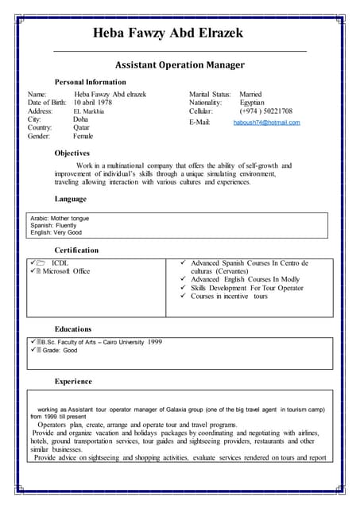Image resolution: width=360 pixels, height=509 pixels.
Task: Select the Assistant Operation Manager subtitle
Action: click(180, 64)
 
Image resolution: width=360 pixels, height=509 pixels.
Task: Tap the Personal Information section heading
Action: click(90, 82)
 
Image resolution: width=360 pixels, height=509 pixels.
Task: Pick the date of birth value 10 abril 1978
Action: click(104, 103)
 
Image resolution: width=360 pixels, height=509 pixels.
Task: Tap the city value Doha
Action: click(81, 119)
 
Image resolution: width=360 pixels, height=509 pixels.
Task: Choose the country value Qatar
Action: click(83, 128)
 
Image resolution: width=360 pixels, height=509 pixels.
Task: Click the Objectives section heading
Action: click(72, 153)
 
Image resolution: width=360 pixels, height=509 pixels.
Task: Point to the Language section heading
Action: click(70, 199)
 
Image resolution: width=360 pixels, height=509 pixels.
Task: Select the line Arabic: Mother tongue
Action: click(60, 218)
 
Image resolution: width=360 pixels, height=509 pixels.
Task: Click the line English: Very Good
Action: click(56, 233)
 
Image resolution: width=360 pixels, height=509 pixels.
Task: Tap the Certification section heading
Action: click(76, 251)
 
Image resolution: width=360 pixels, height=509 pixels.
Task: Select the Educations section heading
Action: click(73, 328)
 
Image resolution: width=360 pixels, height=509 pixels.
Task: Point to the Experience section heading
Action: click(73, 382)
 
